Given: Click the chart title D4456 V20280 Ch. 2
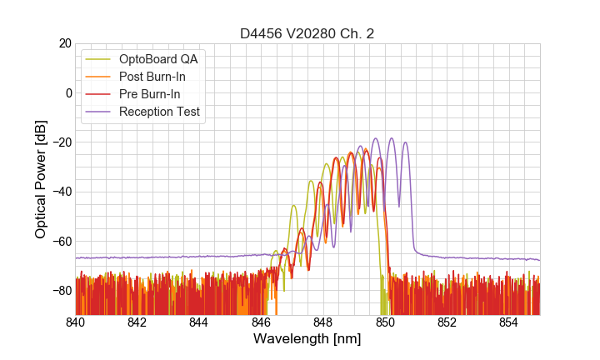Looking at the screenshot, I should tap(307, 33).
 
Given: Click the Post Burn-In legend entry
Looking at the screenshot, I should tap(152, 77).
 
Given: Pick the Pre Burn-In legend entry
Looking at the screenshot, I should tap(149, 94).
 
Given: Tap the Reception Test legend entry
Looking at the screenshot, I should tap(159, 112).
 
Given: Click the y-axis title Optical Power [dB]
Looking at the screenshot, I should tap(41, 179).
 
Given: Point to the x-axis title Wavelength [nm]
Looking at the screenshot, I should tap(307, 339).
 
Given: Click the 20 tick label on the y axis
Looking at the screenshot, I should tap(64, 43).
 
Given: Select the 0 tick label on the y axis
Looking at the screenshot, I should tap(68, 92).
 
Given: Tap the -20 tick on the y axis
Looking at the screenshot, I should tap(61, 142).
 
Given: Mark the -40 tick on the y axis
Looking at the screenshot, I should tap(61, 192).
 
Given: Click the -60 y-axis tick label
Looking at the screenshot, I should tap(61, 241).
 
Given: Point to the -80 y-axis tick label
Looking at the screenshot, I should tap(61, 291).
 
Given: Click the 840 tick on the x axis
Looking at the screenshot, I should tap(76, 322).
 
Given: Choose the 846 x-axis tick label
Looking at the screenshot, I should tap(261, 322).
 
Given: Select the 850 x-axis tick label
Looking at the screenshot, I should tap(385, 322).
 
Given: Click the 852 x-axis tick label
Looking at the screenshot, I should tap(447, 322).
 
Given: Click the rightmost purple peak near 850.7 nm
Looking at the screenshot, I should tap(406, 142).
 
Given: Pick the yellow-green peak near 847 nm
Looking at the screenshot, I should tap(293, 206).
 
